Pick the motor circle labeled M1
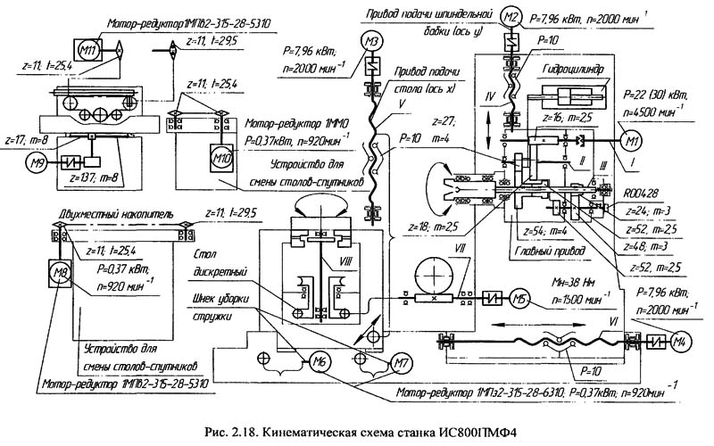pos(633,140)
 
